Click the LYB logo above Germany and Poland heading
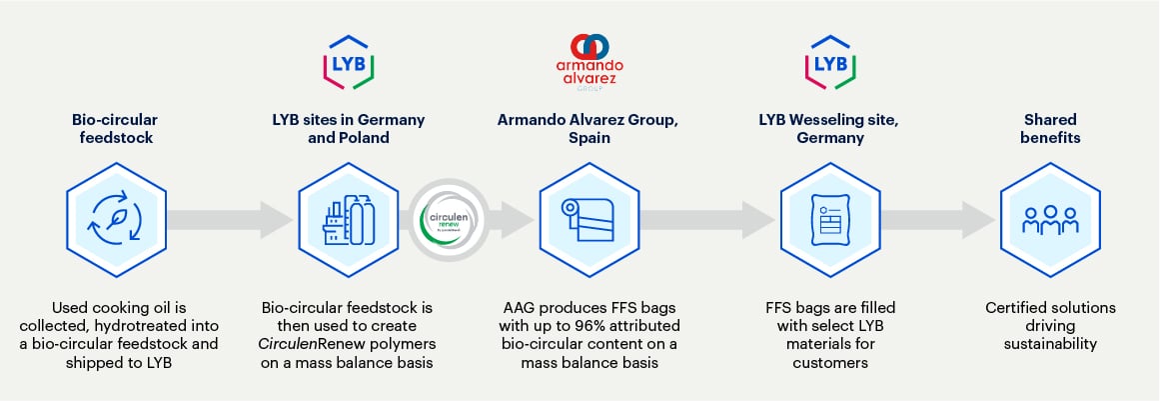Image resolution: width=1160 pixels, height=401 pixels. [x=348, y=61]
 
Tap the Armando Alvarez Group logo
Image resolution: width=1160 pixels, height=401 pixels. [x=588, y=58]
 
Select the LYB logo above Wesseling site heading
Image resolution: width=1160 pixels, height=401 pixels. [x=828, y=61]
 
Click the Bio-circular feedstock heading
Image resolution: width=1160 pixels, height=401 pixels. [x=108, y=128]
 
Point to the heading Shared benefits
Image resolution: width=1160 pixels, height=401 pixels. [x=1050, y=128]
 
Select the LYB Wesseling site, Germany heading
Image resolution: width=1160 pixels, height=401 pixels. [x=828, y=128]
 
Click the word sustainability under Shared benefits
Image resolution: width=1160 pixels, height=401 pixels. [x=1050, y=344]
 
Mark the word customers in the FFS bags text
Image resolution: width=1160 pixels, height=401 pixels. [x=828, y=363]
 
